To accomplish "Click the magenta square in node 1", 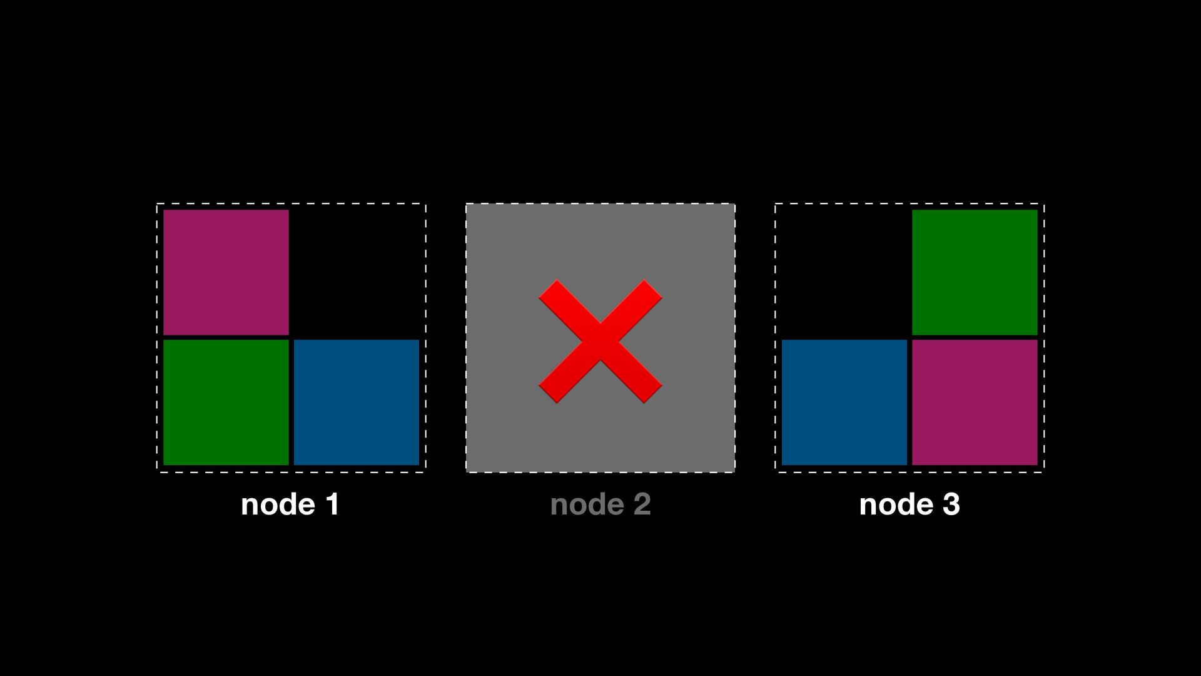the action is (226, 272).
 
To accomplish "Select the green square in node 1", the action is (226, 402).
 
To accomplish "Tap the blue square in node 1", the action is (356, 402).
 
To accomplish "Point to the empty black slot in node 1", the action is (356, 272).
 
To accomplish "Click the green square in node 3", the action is (975, 272).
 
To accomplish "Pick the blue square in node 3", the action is (844, 402).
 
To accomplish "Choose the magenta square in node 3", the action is (975, 402).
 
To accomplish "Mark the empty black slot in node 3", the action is (844, 272).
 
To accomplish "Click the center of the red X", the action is (600, 341).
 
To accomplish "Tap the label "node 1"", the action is (290, 504).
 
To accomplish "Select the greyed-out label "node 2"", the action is (600, 504).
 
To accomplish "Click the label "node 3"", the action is (910, 504).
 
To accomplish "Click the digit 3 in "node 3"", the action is (951, 504).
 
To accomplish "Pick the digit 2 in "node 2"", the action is (642, 504).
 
